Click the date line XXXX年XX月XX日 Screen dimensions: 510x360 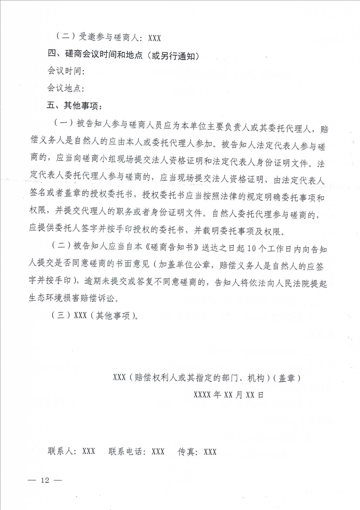click(229, 394)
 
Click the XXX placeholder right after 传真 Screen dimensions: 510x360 click(210, 451)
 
